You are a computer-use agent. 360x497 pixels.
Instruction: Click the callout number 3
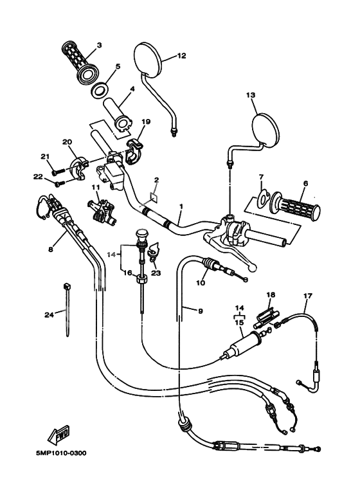coord(99,45)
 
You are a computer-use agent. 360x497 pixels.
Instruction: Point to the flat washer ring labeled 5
coord(100,89)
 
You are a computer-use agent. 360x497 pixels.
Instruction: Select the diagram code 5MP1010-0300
coord(61,453)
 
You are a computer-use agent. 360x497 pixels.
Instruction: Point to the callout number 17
coord(307,296)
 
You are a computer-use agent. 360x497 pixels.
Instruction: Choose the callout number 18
coord(271,294)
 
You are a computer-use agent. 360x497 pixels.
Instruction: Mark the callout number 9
coord(200,311)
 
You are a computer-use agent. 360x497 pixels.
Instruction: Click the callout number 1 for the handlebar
coord(182,206)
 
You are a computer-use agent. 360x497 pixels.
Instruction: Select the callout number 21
coord(44,156)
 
